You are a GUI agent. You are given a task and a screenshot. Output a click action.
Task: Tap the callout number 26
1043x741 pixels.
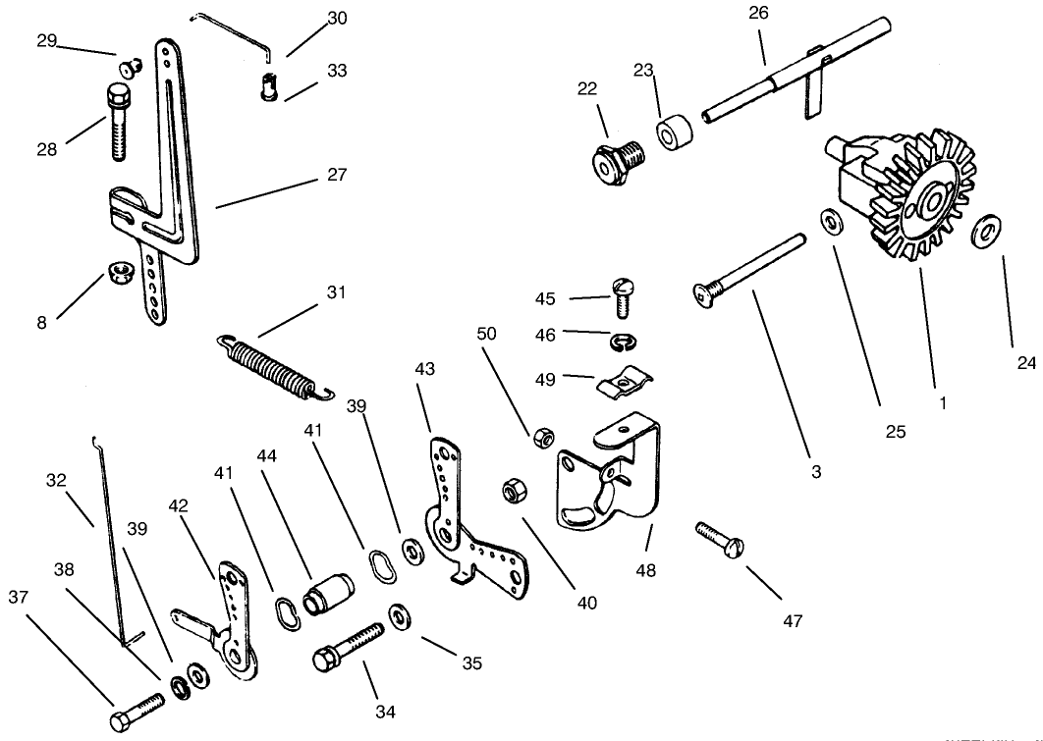[x=759, y=13]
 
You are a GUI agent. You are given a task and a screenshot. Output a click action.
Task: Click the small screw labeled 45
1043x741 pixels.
[x=621, y=293]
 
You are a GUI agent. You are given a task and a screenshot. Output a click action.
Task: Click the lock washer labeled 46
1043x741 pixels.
[x=621, y=340]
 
